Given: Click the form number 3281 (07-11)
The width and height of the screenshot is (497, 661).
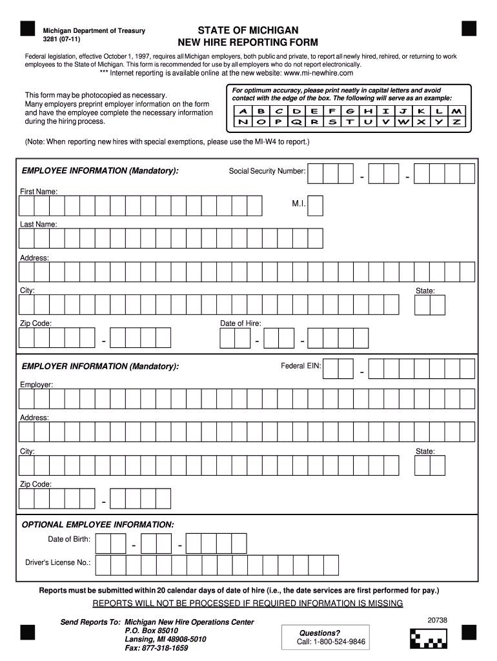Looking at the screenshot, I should point(62,39).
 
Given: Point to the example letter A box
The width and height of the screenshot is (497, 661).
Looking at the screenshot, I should point(243,110).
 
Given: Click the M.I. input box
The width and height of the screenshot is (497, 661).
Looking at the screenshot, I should point(316,205).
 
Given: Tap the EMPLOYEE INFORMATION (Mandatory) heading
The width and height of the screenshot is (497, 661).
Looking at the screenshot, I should point(100,170).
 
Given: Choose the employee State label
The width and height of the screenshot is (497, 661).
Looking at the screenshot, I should point(425,291).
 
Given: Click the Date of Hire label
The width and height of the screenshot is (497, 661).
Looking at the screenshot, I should point(240,323).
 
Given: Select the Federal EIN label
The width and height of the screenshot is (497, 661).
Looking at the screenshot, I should point(301,366).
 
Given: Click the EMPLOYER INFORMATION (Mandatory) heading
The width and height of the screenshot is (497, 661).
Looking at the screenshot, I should point(100,367).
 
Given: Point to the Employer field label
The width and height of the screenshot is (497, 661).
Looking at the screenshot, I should point(36,385).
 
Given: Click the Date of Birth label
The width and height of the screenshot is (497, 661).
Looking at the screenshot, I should point(69,539).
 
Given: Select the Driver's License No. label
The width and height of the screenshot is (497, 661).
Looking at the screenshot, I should point(58,562).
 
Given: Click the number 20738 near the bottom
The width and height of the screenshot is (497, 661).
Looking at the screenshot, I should point(437,620).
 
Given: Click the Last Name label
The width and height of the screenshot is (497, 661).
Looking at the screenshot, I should point(38,224).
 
